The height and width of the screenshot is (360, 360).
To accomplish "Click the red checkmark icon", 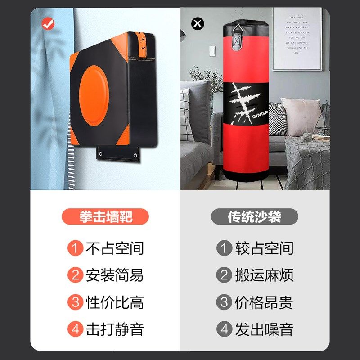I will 48,24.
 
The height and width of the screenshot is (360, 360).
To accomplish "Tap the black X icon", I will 198,23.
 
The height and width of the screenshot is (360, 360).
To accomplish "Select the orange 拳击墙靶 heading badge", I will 105,217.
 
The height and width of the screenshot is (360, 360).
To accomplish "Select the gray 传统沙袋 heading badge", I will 254,217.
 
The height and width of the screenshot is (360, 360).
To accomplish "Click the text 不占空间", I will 114,248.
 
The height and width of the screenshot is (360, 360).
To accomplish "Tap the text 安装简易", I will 114,275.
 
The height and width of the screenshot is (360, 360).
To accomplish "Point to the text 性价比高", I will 114,302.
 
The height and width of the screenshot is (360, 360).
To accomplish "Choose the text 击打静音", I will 114,329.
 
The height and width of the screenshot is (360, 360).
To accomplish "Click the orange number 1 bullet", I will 75,248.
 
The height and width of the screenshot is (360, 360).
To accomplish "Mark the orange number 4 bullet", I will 75,329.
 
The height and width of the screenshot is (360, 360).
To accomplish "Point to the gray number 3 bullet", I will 224,302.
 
